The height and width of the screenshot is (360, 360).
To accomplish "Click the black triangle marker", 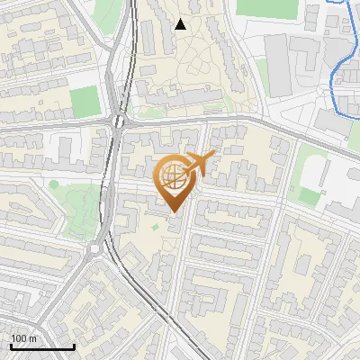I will point(180,24).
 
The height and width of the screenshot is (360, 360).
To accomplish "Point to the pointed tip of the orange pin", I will point(175,212).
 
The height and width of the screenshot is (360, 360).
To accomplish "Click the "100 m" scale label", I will point(23,338).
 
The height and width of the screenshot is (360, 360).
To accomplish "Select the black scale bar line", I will point(42,347).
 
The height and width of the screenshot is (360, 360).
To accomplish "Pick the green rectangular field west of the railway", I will point(85,102).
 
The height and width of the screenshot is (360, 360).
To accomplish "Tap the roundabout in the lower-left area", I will point(94,249).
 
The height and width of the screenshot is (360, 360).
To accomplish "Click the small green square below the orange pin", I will point(155,225).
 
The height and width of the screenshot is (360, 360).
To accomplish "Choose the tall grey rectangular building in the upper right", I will point(277,67).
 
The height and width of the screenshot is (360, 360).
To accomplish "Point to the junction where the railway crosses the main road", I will point(118,121).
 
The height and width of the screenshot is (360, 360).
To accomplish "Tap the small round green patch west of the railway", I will point(53,184).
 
